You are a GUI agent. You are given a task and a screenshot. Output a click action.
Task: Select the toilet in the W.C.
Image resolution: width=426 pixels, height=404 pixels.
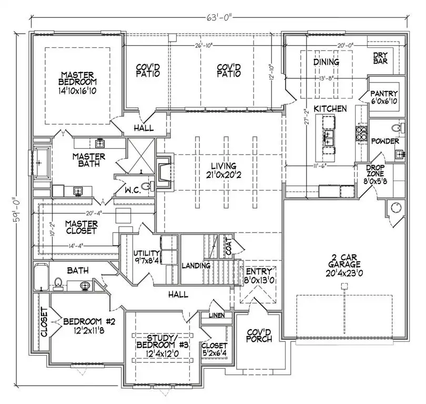pyautogui.click(x=146, y=186)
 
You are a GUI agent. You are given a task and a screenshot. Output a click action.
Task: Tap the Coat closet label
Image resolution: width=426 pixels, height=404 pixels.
pyautogui.click(x=228, y=249)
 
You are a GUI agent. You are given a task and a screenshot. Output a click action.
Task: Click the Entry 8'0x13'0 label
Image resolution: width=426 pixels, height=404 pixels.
pyautogui.click(x=259, y=275)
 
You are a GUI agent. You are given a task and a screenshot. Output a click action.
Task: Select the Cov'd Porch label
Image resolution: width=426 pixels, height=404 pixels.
pyautogui.click(x=259, y=335)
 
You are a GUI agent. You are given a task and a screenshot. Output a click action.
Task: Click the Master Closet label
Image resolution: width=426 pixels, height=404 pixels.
pyautogui.click(x=82, y=227)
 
